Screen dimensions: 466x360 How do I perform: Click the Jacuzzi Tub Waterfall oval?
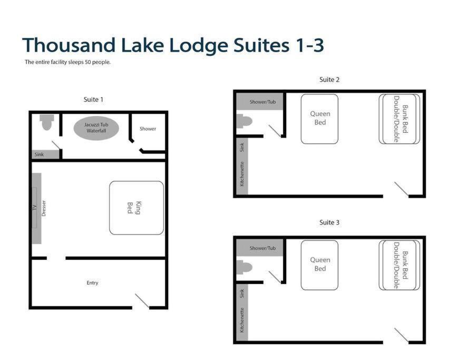click(96, 128)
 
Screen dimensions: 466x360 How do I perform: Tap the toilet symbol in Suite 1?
click(47, 122)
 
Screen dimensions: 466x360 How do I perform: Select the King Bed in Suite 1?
click(137, 208)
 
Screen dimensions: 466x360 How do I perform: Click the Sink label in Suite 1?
click(39, 154)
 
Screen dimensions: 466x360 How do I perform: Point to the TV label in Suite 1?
click(34, 207)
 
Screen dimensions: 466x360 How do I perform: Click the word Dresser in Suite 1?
click(44, 208)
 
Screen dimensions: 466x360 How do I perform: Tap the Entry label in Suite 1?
click(92, 283)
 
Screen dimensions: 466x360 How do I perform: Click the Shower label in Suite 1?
click(148, 129)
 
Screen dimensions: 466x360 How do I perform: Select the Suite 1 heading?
click(93, 100)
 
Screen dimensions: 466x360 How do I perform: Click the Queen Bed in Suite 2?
click(319, 119)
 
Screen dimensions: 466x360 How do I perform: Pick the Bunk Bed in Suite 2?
click(399, 119)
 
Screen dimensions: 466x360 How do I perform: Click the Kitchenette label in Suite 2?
click(242, 174)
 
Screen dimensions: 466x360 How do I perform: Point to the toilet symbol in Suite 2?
click(244, 121)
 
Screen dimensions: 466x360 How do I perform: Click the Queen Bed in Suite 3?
click(319, 265)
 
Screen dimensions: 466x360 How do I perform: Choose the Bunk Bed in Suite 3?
click(399, 265)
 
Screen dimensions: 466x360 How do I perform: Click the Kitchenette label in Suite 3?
click(242, 320)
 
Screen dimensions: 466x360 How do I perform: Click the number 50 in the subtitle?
click(88, 62)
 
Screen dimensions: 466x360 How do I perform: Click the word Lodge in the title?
click(198, 45)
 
